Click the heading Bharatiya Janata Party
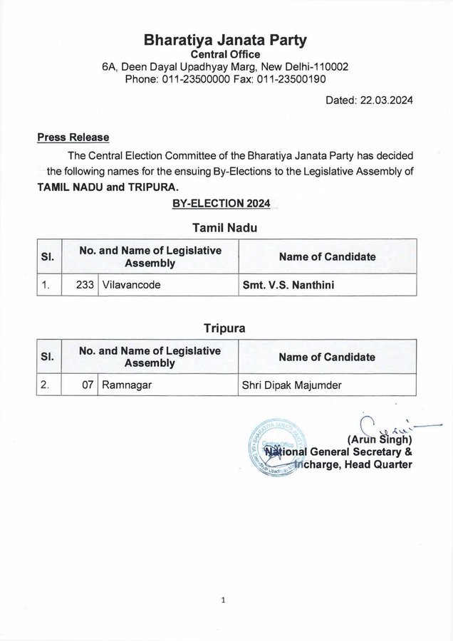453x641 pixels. point(225,38)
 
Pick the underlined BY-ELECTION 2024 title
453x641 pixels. point(221,204)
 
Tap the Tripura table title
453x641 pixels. point(225,329)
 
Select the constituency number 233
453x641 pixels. point(86,284)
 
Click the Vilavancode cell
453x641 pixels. point(131,284)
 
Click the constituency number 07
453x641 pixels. point(89,385)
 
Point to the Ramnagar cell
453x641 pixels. point(126,385)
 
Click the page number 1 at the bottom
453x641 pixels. point(223,600)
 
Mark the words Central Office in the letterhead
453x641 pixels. point(225,53)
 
